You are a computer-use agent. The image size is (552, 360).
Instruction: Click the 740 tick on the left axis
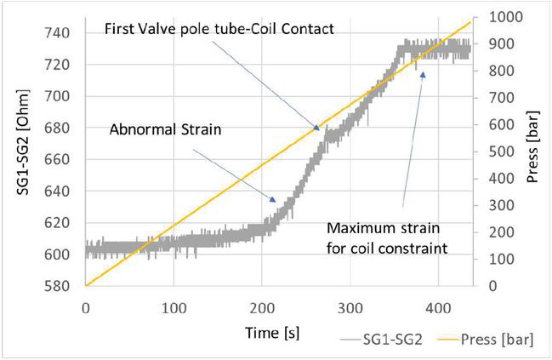61,33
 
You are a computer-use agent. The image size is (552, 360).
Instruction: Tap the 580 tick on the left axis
61,286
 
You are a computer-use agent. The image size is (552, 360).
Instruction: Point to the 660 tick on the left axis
61,160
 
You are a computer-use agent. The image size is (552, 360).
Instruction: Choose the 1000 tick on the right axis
497,17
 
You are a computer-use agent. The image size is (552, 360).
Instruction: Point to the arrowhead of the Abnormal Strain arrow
276,202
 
